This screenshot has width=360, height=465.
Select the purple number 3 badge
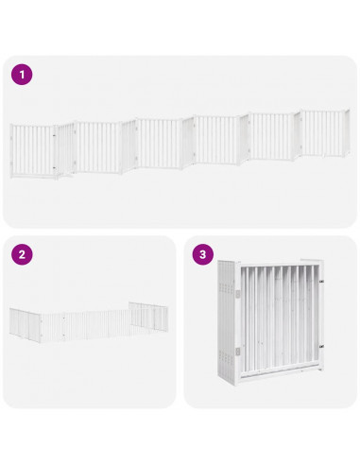tap(202, 254)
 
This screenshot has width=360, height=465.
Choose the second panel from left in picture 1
tap(98, 146)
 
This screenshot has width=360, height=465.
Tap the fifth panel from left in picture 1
tap(274, 136)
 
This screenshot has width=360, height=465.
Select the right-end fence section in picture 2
tap(146, 316)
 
